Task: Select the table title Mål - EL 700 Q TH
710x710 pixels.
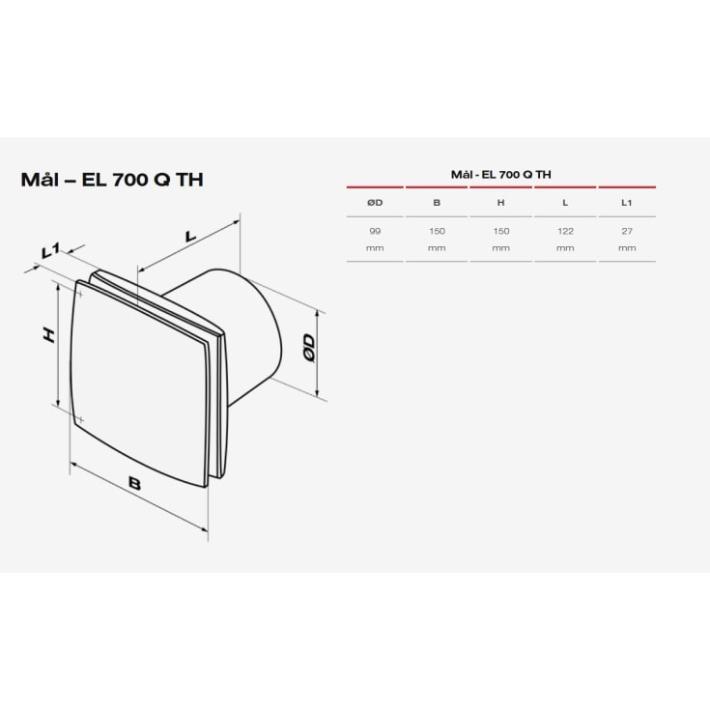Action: (x=500, y=174)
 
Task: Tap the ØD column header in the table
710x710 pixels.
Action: (x=375, y=203)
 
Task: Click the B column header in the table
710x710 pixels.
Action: (x=438, y=203)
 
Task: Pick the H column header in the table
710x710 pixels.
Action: (x=500, y=203)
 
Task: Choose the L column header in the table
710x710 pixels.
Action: (x=564, y=203)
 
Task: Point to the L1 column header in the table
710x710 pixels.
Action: (x=627, y=203)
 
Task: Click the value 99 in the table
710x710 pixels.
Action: (x=375, y=232)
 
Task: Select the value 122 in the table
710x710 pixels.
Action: (x=564, y=232)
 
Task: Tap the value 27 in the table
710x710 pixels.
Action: (x=627, y=232)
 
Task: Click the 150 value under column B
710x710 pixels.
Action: (x=438, y=232)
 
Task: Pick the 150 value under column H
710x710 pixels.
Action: (x=500, y=232)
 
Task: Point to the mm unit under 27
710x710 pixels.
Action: (x=627, y=248)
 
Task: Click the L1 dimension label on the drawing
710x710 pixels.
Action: (x=51, y=252)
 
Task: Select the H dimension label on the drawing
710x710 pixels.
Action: (x=47, y=334)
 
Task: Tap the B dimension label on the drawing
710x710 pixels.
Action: (x=134, y=484)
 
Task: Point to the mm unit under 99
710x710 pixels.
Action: (x=375, y=248)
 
